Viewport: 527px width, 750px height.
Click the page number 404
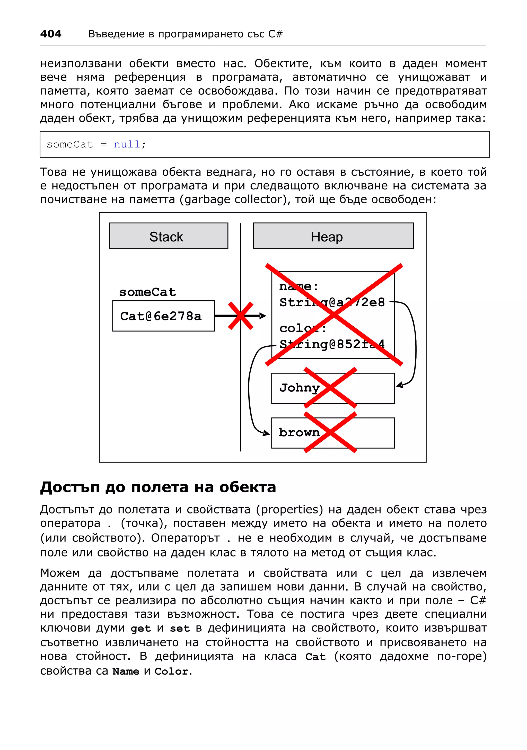click(x=51, y=34)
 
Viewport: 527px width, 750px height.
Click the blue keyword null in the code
click(x=127, y=144)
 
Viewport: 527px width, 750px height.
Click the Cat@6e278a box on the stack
click(x=163, y=316)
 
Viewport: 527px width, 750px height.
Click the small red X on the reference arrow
click(x=241, y=316)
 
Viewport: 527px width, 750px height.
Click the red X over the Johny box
click(x=330, y=388)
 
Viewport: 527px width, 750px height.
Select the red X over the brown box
click(x=330, y=432)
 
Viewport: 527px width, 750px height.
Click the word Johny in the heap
click(x=299, y=388)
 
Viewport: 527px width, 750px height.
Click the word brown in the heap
click(x=299, y=432)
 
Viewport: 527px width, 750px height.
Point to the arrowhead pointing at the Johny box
click(x=400, y=386)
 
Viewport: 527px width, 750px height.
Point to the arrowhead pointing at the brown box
click(x=267, y=433)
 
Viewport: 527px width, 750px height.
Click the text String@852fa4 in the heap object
click(x=332, y=344)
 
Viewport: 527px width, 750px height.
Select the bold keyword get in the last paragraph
click(x=141, y=629)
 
